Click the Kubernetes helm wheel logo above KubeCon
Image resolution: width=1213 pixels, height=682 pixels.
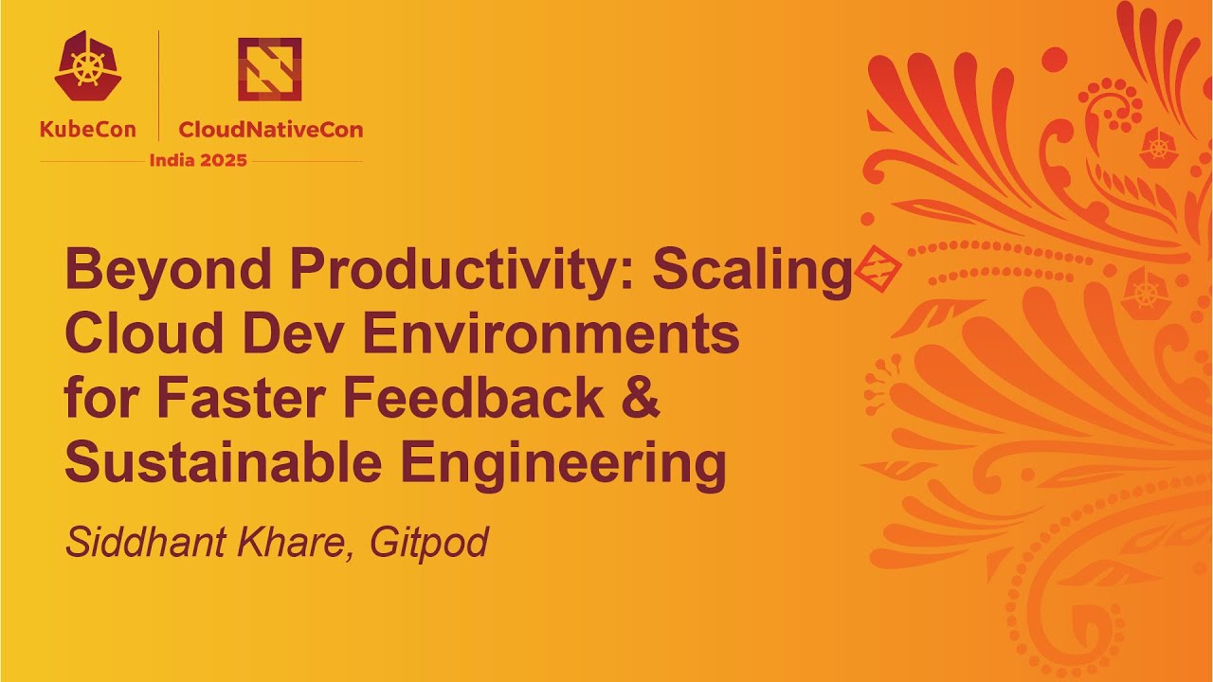pyautogui.click(x=87, y=65)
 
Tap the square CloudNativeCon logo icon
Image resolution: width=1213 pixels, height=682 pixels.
pyautogui.click(x=269, y=68)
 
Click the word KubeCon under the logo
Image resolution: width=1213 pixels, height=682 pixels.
pyautogui.click(x=87, y=130)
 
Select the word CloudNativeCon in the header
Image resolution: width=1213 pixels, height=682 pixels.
pyautogui.click(x=270, y=130)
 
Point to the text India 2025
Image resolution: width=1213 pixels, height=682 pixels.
pyautogui.click(x=198, y=160)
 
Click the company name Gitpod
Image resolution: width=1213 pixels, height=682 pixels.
pyautogui.click(x=428, y=543)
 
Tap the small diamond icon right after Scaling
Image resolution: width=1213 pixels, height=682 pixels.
pyautogui.click(x=876, y=271)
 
